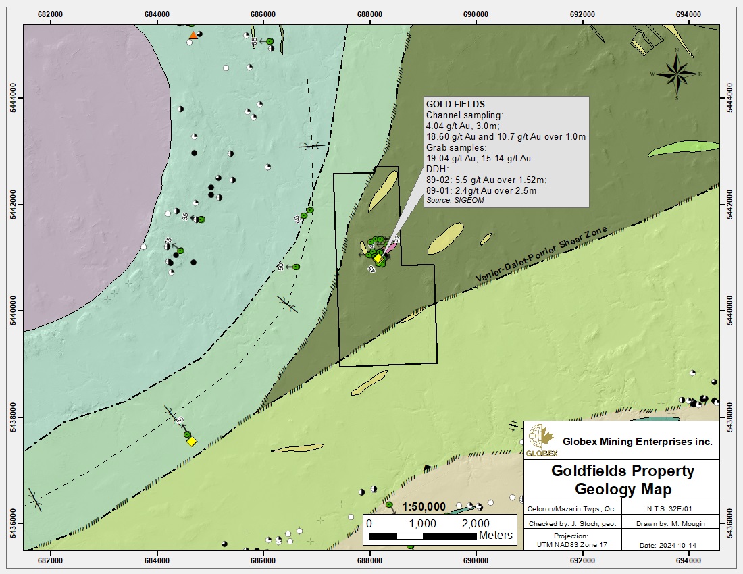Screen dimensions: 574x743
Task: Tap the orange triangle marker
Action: point(193,35)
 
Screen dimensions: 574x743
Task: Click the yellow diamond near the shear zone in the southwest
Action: point(192,441)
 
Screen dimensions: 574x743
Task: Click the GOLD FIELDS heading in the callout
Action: point(455,105)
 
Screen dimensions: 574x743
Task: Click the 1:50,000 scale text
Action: point(424,507)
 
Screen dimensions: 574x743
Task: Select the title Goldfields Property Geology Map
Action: point(622,479)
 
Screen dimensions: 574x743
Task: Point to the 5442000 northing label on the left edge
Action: point(13,204)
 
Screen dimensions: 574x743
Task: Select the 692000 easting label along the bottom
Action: point(582,560)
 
